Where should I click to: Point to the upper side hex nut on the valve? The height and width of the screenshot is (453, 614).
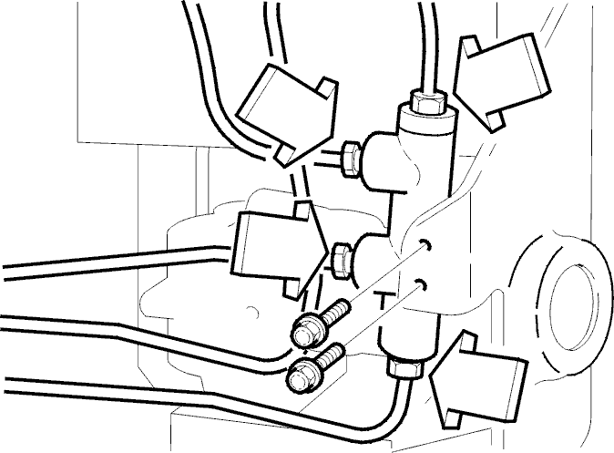click(x=351, y=160)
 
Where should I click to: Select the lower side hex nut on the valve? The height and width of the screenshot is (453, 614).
click(x=341, y=261)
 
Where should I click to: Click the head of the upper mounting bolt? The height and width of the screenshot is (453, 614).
click(x=306, y=331)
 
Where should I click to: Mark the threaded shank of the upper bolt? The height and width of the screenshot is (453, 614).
click(x=336, y=312)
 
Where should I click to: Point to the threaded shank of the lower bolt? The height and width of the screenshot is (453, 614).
click(x=331, y=355)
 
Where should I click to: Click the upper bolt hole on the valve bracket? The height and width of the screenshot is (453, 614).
click(x=425, y=244)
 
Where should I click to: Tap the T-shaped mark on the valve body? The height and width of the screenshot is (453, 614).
click(x=383, y=300)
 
